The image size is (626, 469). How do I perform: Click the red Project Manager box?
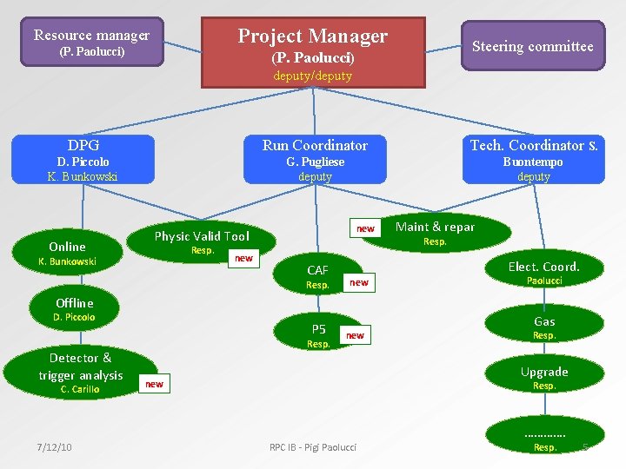pyautogui.click(x=313, y=52)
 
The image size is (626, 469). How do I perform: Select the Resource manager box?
pyautogui.click(x=91, y=43)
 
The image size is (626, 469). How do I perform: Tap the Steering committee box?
pyautogui.click(x=532, y=46)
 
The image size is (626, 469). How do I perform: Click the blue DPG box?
pyautogui.click(x=83, y=160)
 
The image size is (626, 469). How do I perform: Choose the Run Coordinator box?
pyautogui.click(x=315, y=160)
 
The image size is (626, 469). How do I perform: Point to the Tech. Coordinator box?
pyautogui.click(x=533, y=160)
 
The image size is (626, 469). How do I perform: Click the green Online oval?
pyautogui.click(x=67, y=253)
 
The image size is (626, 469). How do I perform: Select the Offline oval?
pyautogui.click(x=74, y=309)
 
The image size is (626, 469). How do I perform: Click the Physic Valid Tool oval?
pyautogui.click(x=202, y=241)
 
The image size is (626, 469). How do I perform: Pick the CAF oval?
pyautogui.click(x=317, y=276)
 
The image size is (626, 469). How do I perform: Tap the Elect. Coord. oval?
pyautogui.click(x=543, y=272)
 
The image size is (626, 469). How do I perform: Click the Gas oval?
pyautogui.click(x=544, y=327)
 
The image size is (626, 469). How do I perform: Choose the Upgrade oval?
pyautogui.click(x=544, y=377)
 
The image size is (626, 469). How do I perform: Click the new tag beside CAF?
pyautogui.click(x=358, y=282)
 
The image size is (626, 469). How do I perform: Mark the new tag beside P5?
pyautogui.click(x=355, y=335)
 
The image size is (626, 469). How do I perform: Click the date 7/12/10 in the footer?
pyautogui.click(x=54, y=447)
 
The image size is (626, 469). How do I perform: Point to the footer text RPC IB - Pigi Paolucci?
pyautogui.click(x=313, y=447)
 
